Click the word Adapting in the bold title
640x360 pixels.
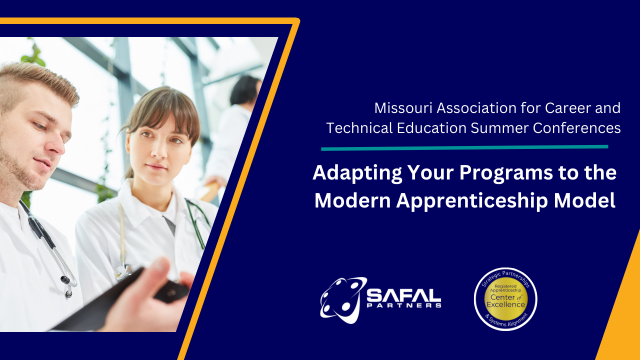[357, 173]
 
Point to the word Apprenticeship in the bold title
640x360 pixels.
[472, 201]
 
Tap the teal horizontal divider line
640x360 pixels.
[464, 147]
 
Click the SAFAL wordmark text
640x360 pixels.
[404, 295]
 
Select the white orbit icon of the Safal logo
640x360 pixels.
[343, 300]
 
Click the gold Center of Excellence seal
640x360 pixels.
[505, 299]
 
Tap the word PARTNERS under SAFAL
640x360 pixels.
[404, 305]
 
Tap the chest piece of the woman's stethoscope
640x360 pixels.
[123, 271]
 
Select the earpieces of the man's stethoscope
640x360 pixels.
[67, 285]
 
